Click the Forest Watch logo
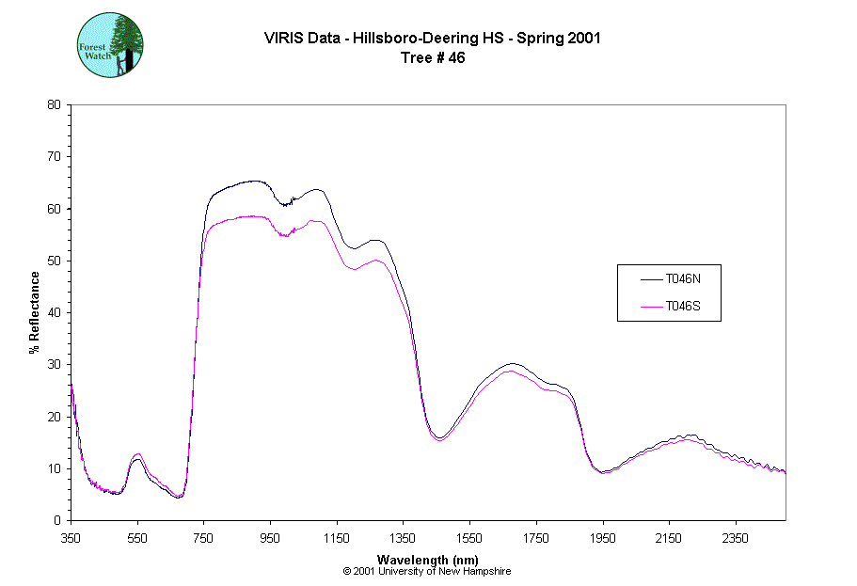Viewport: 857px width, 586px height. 109,45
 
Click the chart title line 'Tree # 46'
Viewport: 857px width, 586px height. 433,57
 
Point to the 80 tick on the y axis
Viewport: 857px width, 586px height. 55,104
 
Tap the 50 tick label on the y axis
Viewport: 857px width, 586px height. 55,261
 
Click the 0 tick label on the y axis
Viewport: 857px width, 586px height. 57,520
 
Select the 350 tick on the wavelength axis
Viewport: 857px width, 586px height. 71,538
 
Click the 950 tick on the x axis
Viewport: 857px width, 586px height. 271,538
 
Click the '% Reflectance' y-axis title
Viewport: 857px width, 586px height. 35,312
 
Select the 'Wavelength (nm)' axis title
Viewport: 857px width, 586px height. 428,559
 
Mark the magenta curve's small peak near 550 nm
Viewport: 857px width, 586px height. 137,453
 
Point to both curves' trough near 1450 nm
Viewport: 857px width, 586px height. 439,438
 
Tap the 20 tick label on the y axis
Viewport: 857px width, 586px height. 55,417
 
